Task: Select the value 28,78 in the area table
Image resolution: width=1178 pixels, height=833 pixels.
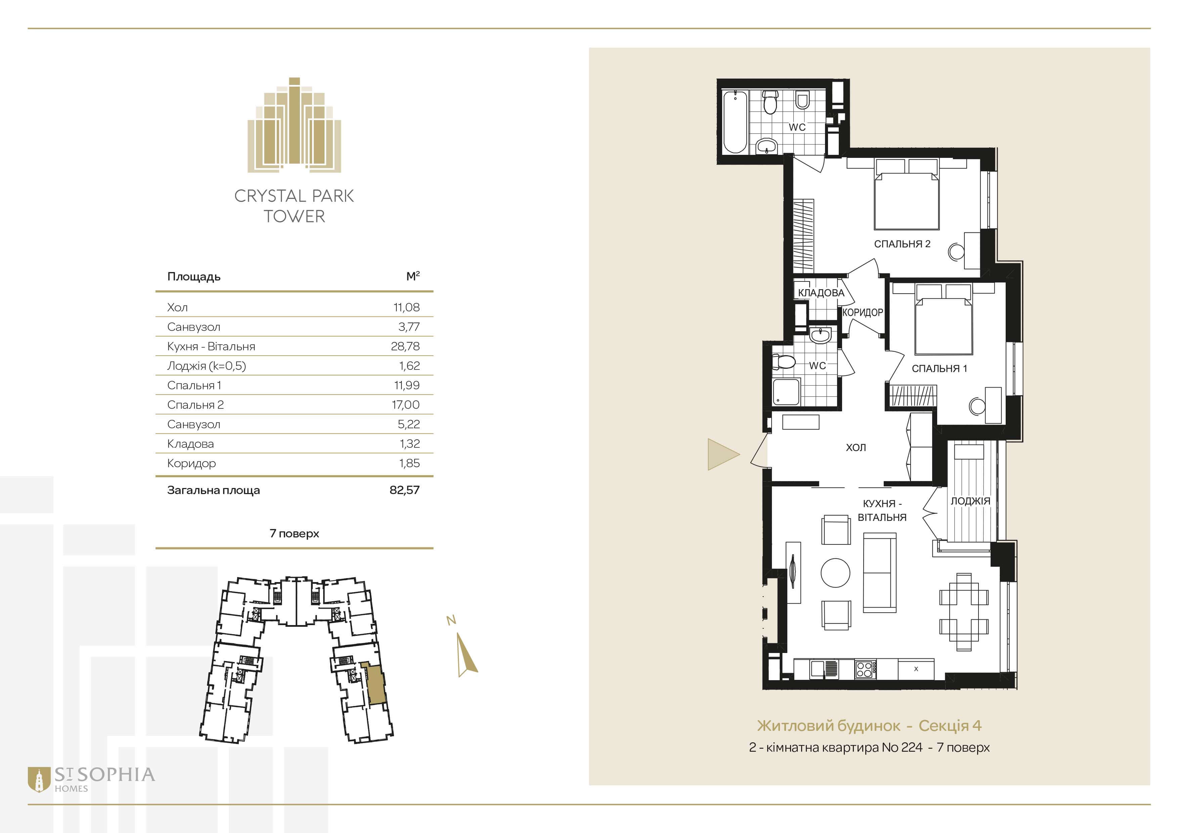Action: (x=405, y=346)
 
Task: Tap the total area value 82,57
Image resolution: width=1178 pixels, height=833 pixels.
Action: (x=404, y=490)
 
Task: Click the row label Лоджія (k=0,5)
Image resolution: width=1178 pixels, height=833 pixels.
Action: (x=206, y=366)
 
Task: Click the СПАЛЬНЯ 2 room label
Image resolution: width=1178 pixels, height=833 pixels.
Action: (x=902, y=244)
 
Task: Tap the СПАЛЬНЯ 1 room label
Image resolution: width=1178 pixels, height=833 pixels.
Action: (x=940, y=368)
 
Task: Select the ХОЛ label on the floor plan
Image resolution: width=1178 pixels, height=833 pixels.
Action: (x=856, y=447)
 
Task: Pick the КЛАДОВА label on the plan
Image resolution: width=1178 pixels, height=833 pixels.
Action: (x=821, y=293)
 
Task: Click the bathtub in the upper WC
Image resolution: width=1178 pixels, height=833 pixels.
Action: (x=735, y=122)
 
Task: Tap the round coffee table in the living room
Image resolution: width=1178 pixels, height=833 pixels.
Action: (x=835, y=572)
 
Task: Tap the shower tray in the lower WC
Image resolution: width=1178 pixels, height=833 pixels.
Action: (x=786, y=391)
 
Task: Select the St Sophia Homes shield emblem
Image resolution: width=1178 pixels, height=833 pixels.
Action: (x=39, y=780)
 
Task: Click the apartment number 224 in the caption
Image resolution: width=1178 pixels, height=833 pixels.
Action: (x=911, y=747)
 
